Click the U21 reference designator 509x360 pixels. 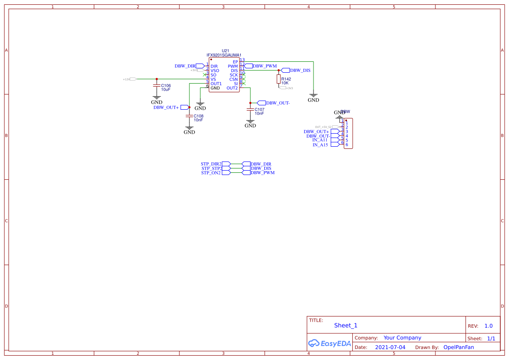225,50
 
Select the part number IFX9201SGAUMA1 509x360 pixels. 224,55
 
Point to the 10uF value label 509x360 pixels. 165,90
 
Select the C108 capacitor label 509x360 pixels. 199,116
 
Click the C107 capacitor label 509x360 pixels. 260,110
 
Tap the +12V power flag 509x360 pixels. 130,79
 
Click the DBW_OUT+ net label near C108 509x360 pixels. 166,107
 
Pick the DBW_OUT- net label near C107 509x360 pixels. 278,103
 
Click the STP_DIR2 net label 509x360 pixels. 211,164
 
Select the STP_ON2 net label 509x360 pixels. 211,173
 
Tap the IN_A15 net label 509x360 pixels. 320,145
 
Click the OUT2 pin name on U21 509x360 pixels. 232,88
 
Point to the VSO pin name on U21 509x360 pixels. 215,71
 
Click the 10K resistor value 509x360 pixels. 285,83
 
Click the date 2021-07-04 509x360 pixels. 390,347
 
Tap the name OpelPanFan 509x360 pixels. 458,347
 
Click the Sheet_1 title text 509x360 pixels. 346,326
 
